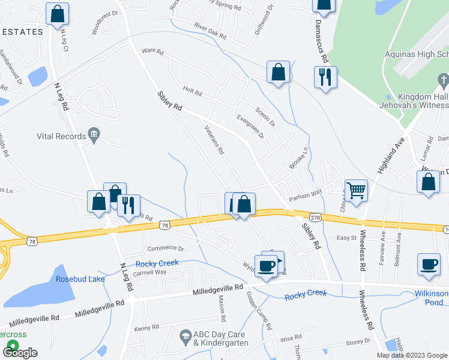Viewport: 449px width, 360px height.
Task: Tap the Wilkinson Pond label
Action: [x=432, y=298]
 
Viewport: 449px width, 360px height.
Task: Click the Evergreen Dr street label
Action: [x=250, y=127]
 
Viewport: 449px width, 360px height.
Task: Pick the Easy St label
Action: [x=346, y=238]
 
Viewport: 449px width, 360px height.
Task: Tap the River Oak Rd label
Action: [x=209, y=31]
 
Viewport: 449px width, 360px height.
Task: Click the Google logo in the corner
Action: [x=19, y=353]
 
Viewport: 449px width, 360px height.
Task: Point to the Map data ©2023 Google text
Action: [x=411, y=355]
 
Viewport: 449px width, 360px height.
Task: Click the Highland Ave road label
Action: [x=391, y=155]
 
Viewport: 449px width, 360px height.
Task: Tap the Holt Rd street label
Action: [x=192, y=91]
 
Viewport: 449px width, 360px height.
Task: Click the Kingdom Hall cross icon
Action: [x=443, y=80]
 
